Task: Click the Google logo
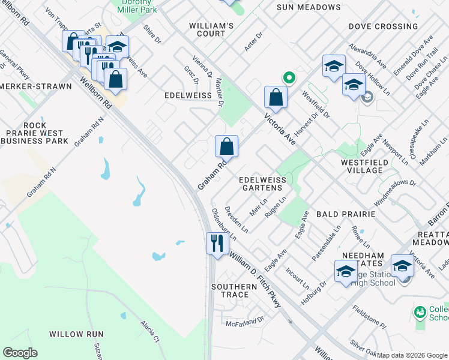(x=20, y=353)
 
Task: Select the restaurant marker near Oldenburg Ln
(x=215, y=243)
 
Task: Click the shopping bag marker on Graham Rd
(x=227, y=146)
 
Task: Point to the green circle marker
(x=289, y=77)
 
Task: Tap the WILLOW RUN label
(x=74, y=334)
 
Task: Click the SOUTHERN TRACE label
(x=230, y=290)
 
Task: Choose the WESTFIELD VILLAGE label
(x=353, y=166)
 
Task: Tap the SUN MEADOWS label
(x=309, y=7)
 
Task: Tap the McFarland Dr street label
(x=244, y=322)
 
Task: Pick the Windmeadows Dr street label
(x=394, y=190)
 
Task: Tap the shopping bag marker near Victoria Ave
(x=275, y=98)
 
